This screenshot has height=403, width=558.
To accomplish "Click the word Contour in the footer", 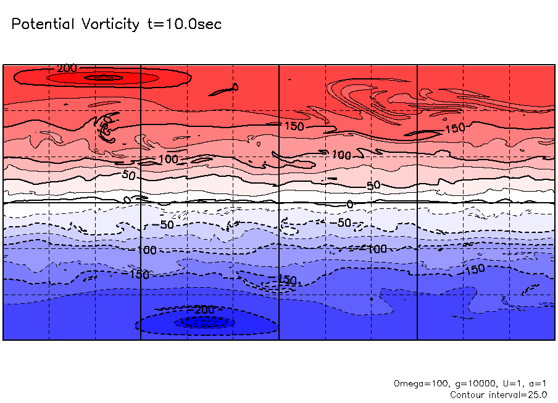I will click(468, 394).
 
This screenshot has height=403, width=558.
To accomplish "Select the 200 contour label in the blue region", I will click(203, 309).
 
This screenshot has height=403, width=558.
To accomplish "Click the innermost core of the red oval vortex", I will click(103, 78).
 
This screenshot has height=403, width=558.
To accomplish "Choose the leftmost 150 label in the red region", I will click(294, 126).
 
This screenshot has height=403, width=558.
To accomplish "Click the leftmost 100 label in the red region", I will click(167, 160).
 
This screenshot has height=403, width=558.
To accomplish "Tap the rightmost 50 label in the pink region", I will click(373, 185).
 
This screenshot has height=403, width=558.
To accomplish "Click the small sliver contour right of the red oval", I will click(223, 91).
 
